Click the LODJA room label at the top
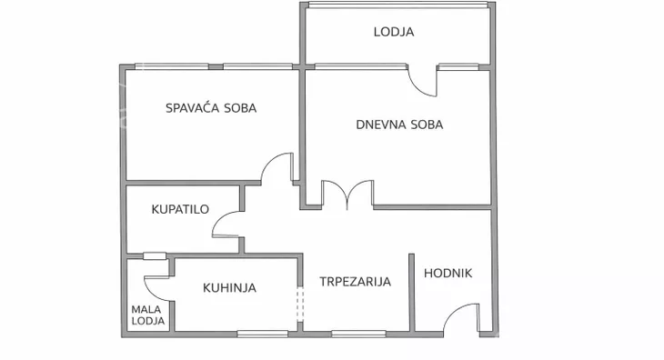coord(394,32)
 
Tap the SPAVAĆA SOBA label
coord(211,107)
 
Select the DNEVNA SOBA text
coord(399,125)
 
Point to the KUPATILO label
coord(180,209)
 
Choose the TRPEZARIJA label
coord(355,282)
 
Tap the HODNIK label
coord(448,274)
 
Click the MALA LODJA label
coord(148,315)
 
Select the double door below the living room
coord(347,195)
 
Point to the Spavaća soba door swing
coord(278,170)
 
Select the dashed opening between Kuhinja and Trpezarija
coord(300,305)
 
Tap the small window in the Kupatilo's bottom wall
coord(154,255)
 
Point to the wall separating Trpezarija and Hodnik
coord(411,291)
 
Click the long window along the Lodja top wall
coord(397,5)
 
